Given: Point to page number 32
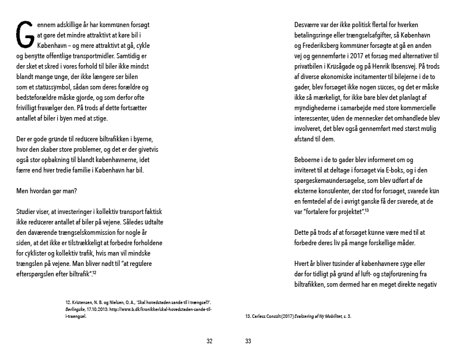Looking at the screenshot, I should click(x=209, y=341).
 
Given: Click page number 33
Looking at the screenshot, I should click(x=248, y=341).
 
